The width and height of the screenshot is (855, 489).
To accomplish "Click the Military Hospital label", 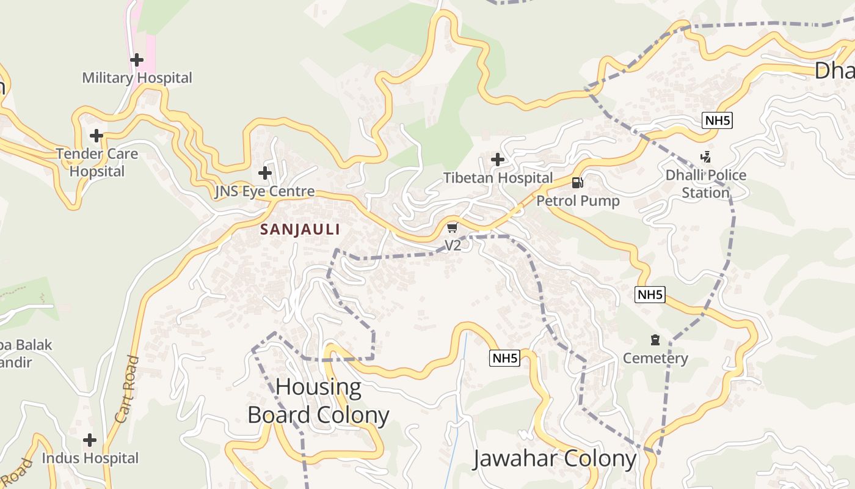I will (x=137, y=78).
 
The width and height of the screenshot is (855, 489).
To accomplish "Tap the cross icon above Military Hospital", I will (x=137, y=60).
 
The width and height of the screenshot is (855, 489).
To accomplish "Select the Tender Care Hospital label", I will (x=96, y=162).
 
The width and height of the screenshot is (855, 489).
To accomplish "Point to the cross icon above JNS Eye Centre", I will (x=264, y=173).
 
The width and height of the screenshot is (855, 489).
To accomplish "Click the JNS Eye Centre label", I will (x=264, y=191).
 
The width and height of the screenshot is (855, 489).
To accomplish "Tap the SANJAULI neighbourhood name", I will (x=300, y=229).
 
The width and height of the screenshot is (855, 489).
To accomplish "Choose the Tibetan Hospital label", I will (x=498, y=178).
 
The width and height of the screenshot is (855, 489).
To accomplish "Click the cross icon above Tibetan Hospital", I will (x=498, y=160).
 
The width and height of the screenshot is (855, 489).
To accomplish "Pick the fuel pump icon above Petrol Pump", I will (x=577, y=182).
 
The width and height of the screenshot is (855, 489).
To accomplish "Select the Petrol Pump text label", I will (x=578, y=200).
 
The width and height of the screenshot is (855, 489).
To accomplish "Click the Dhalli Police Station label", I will (x=706, y=183).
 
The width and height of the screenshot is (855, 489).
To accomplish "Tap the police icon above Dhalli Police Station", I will (x=706, y=157).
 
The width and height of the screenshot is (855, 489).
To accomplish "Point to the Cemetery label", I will (x=655, y=358).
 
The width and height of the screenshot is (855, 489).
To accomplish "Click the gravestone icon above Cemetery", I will (x=655, y=340).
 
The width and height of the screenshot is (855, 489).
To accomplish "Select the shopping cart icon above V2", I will (x=452, y=228).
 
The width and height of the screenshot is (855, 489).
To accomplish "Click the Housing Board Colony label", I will (x=318, y=401).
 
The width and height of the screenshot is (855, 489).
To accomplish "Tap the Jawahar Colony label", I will (x=555, y=458).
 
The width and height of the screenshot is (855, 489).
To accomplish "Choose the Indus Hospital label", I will (x=90, y=458).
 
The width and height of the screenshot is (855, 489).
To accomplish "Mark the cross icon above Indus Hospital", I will (x=90, y=440).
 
